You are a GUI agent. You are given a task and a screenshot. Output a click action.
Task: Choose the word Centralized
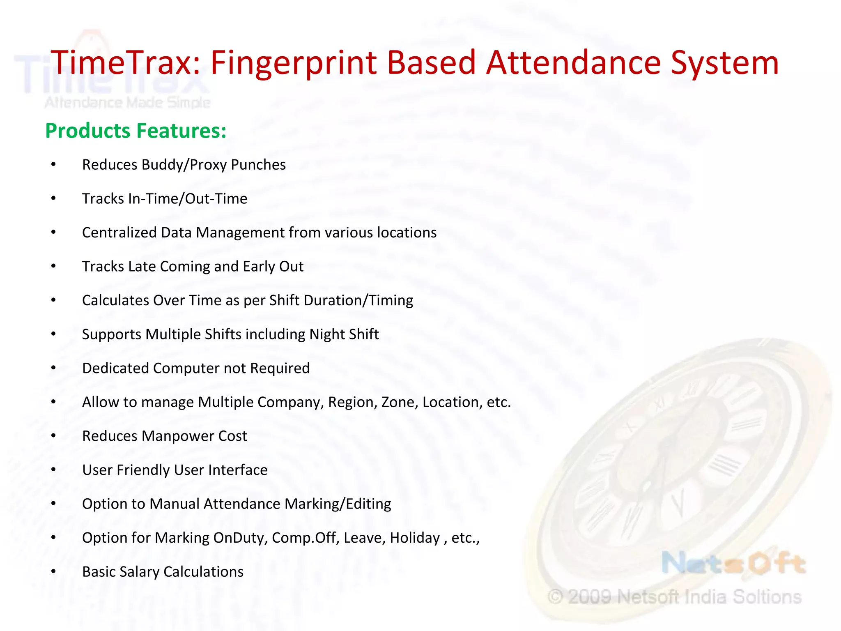coord(119,233)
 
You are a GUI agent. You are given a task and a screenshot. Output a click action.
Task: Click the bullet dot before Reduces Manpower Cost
coord(53,436)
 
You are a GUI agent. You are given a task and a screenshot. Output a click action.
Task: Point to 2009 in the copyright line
coord(590,597)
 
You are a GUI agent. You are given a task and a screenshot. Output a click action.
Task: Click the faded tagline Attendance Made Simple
coord(127,103)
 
